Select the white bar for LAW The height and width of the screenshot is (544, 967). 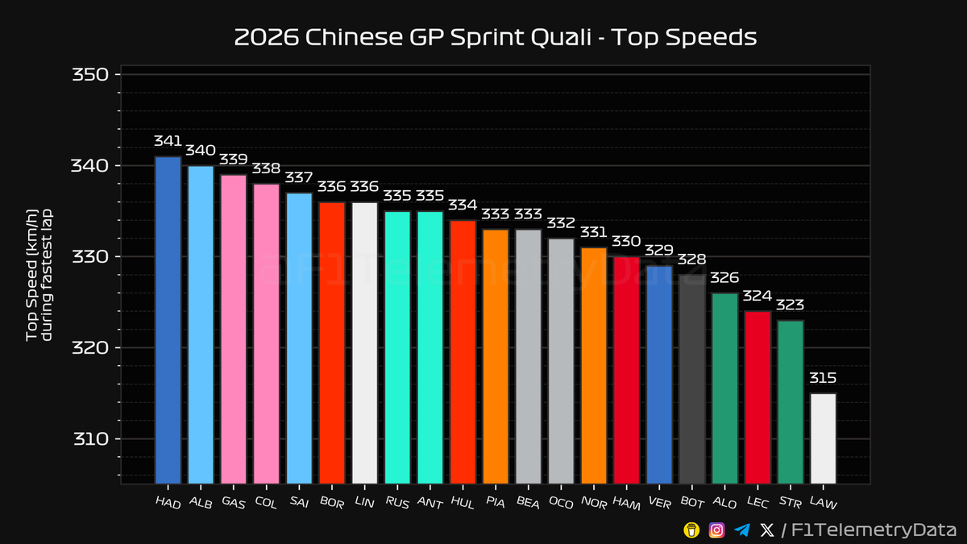pos(823,438)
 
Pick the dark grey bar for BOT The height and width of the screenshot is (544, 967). pos(691,379)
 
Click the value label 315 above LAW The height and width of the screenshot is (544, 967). pos(823,378)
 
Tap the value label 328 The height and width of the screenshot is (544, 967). pos(691,260)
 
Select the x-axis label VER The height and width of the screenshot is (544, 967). pos(658,502)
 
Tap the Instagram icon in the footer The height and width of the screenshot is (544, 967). pos(716,529)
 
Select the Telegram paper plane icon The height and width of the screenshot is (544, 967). pos(742,529)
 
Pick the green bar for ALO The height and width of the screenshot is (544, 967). pos(724,388)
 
